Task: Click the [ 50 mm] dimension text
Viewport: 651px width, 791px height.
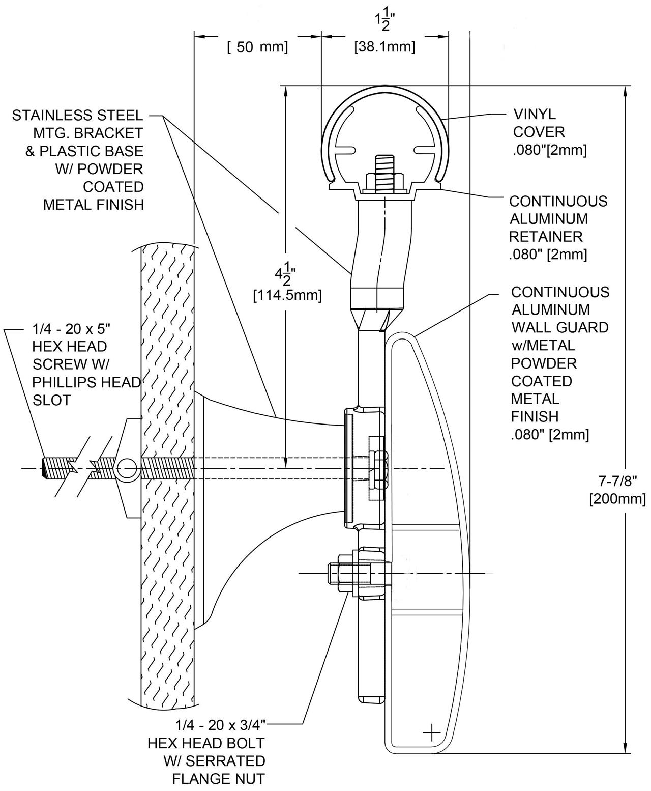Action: click(x=257, y=47)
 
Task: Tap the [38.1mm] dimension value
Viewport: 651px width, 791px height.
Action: click(x=384, y=47)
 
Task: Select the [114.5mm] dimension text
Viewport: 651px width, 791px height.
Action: click(x=287, y=295)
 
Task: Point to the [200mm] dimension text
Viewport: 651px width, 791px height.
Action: click(x=617, y=498)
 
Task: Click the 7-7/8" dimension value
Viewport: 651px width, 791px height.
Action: click(x=616, y=481)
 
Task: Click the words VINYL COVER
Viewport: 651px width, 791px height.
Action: click(x=538, y=123)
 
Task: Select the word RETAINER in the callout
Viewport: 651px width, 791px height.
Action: click(x=546, y=237)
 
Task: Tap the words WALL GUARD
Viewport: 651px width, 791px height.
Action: click(x=559, y=327)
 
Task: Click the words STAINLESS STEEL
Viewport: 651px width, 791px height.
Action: click(x=77, y=116)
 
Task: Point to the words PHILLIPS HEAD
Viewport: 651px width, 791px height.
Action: click(x=86, y=382)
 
